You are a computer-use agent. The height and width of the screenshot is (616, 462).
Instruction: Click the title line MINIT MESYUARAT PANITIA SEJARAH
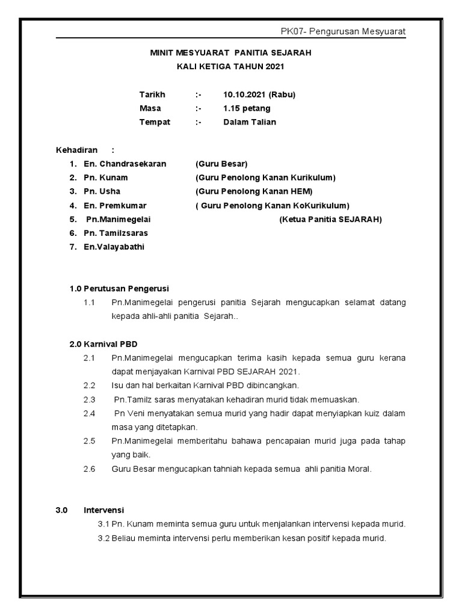[x=230, y=54]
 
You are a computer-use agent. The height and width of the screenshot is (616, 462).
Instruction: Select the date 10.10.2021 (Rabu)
[x=259, y=95]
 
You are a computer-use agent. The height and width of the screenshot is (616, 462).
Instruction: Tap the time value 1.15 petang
[x=247, y=109]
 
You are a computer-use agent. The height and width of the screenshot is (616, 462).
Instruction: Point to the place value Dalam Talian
[x=250, y=122]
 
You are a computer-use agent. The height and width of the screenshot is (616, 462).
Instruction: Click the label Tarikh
[x=152, y=95]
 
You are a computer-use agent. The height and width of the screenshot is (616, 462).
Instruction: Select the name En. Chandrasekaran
[x=125, y=164]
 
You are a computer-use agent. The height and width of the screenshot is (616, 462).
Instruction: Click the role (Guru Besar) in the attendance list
[x=221, y=164]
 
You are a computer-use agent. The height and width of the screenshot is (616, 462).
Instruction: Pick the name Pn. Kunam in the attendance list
[x=105, y=177]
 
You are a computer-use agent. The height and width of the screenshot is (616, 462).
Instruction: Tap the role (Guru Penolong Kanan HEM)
[x=254, y=191]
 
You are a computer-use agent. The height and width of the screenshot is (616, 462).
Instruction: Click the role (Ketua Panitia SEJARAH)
[x=330, y=219]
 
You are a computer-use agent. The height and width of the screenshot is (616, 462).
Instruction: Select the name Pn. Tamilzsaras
[x=115, y=233]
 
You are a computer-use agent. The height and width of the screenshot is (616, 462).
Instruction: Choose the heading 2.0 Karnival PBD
[x=103, y=344]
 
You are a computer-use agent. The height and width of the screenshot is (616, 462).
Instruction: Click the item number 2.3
[x=90, y=399]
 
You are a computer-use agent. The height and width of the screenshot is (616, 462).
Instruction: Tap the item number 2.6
[x=90, y=469]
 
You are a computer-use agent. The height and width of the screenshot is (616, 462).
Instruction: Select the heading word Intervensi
[x=103, y=510]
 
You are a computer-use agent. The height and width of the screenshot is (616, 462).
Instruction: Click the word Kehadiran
[x=76, y=150]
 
